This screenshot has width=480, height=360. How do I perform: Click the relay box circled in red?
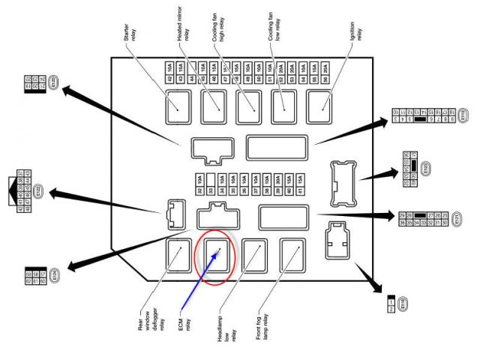tap(216, 254)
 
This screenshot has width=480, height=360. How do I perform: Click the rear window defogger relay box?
tap(178, 254)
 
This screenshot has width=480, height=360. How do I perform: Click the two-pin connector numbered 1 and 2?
tap(390, 304)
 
